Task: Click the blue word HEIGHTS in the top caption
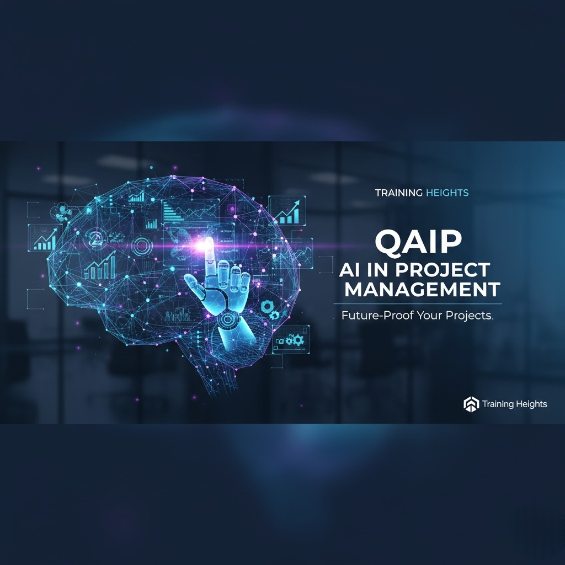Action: point(447,193)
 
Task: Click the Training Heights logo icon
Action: point(470,404)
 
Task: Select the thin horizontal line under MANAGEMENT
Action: point(417,304)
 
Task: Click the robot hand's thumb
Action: point(193,284)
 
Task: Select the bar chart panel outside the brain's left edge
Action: point(44,238)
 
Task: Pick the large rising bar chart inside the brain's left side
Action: point(100,266)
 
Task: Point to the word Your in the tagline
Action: point(424,317)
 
